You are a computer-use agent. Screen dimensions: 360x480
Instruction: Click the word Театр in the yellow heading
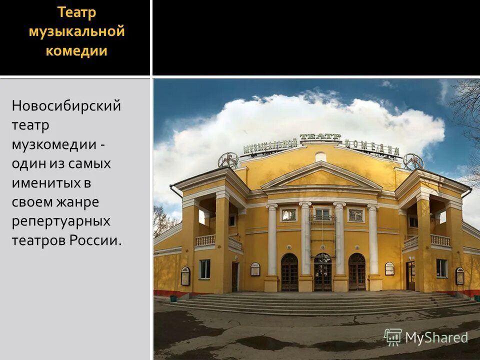pyautogui.click(x=76, y=12)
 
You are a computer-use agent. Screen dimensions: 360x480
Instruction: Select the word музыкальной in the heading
pyautogui.click(x=76, y=31)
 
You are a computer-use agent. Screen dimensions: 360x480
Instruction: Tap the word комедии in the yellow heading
pyautogui.click(x=76, y=51)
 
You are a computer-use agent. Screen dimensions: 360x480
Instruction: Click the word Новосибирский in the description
pyautogui.click(x=66, y=106)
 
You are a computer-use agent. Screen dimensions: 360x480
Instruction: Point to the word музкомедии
pyautogui.click(x=54, y=144)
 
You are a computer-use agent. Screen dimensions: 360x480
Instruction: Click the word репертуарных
pyautogui.click(x=61, y=221)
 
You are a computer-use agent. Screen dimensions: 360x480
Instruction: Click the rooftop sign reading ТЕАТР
pyautogui.click(x=320, y=138)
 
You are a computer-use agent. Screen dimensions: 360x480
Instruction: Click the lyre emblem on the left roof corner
pyautogui.click(x=228, y=160)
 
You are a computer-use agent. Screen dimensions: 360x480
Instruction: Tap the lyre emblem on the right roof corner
pyautogui.click(x=413, y=161)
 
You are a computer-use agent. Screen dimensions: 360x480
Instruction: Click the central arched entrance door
pyautogui.click(x=322, y=272)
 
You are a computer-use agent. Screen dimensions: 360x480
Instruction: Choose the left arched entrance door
pyautogui.click(x=289, y=272)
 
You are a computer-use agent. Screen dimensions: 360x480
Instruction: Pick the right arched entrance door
pyautogui.click(x=356, y=272)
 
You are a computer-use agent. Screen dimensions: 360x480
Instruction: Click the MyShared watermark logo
pyautogui.click(x=426, y=337)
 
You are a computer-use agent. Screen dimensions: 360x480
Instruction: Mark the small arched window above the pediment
pyautogui.click(x=320, y=156)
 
